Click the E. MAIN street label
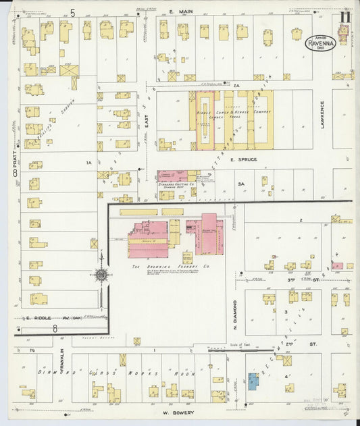[181, 11]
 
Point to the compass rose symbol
[101, 275]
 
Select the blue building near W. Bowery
[253, 381]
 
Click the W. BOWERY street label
[178, 412]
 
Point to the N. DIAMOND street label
[236, 314]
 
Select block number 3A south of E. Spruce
[240, 184]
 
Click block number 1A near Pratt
[88, 163]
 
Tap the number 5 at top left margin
[72, 12]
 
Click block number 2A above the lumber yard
[236, 86]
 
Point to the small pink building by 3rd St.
[336, 266]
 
